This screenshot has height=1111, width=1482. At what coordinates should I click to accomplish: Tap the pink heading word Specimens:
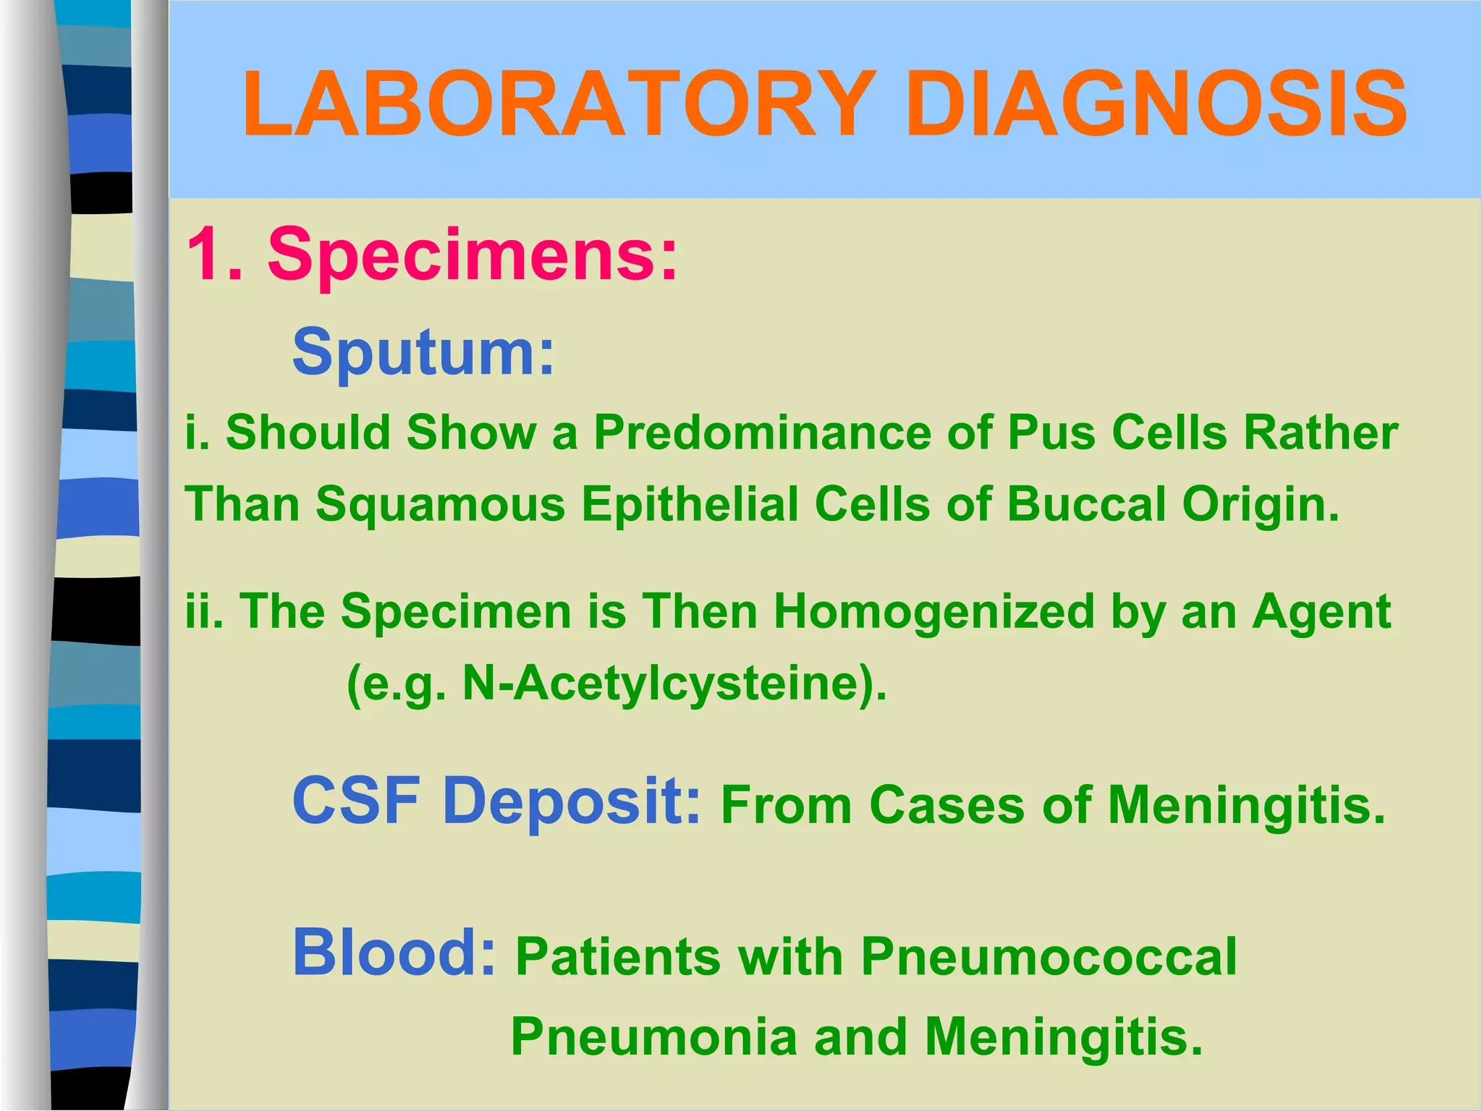click(x=473, y=255)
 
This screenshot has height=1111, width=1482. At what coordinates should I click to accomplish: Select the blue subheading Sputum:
click(x=423, y=352)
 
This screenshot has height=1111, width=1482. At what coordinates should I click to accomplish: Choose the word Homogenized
click(x=934, y=611)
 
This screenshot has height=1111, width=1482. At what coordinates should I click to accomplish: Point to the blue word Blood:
click(x=394, y=953)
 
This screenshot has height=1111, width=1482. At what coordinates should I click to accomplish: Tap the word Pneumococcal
click(x=1049, y=957)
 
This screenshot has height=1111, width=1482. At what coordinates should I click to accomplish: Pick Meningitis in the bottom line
click(x=1064, y=1036)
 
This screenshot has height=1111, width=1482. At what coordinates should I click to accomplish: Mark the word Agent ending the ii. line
click(x=1322, y=611)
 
